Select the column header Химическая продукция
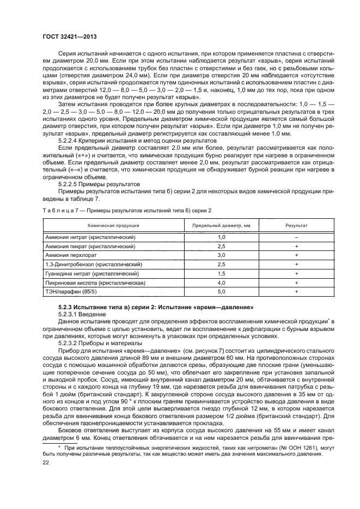coord(111,225)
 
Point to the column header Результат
coord(296,225)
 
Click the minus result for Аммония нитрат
coord(296,237)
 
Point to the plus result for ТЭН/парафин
coord(296,292)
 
